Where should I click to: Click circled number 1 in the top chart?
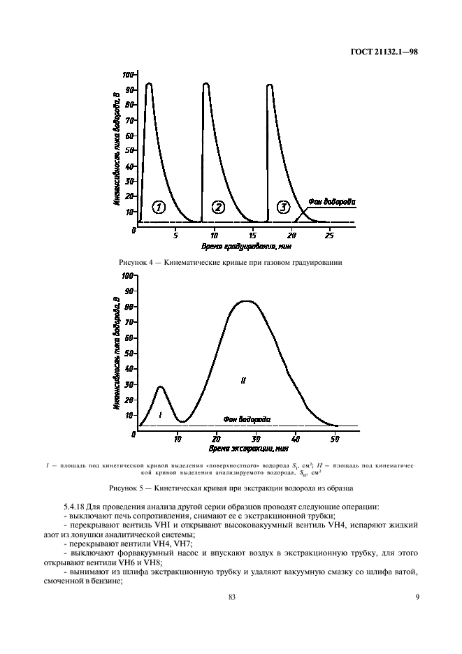click(x=159, y=207)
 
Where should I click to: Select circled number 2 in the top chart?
click(x=218, y=207)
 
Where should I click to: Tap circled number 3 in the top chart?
click(x=283, y=207)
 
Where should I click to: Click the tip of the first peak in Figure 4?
click(x=148, y=84)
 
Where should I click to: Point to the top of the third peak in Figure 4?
click(x=270, y=85)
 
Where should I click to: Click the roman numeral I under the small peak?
click(x=161, y=415)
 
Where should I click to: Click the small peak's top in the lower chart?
click(x=161, y=386)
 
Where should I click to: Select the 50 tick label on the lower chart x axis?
click(x=335, y=439)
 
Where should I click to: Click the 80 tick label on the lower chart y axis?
click(x=128, y=307)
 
